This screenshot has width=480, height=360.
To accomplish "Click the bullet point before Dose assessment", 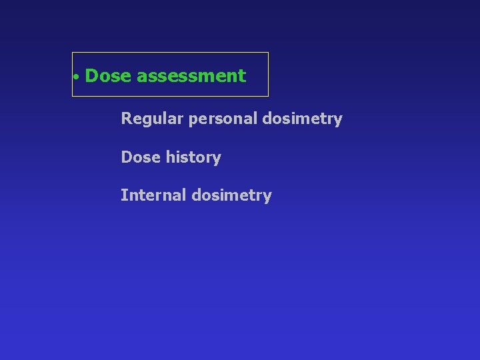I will (x=77, y=77).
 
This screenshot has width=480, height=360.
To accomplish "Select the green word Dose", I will (x=109, y=76).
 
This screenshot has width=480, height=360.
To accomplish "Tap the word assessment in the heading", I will (x=191, y=76).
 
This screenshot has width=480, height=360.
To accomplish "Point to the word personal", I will (x=224, y=119).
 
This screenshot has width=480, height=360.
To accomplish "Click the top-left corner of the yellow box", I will (x=72, y=52).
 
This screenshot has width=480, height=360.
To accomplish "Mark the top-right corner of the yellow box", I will (x=269, y=52).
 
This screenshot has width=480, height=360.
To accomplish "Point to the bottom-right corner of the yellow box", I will (x=269, y=97).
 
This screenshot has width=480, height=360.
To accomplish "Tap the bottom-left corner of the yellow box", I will (x=72, y=97).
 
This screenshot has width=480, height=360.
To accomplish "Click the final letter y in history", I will (x=217, y=159).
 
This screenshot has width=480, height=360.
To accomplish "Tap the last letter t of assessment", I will (x=243, y=77).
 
